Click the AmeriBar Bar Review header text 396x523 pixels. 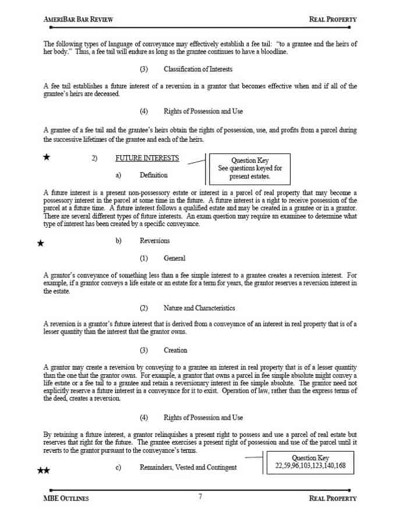tap(78, 19)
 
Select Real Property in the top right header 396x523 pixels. tap(333, 19)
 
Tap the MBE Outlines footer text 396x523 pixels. tap(66, 498)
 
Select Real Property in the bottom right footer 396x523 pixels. tap(333, 498)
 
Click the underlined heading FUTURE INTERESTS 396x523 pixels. tap(147, 158)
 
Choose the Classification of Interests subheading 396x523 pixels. tap(197, 69)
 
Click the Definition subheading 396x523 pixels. tap(154, 175)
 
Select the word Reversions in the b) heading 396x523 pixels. tap(155, 241)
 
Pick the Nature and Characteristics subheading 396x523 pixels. tap(199, 308)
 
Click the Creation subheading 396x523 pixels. tap(175, 350)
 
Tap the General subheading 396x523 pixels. tap(174, 258)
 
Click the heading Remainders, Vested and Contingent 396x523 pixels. tap(188, 468)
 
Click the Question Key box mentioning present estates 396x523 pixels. tap(250, 169)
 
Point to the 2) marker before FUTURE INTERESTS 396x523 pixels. tap(94, 158)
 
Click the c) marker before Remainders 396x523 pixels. tap(118, 468)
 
